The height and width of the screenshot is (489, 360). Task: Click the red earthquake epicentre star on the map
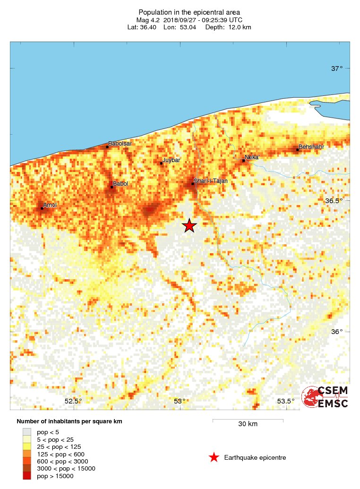pyautogui.click(x=189, y=226)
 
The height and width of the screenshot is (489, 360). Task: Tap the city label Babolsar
pyautogui.click(x=120, y=143)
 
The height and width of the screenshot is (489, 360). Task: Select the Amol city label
pyautogui.click(x=50, y=205)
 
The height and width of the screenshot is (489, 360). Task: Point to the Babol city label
pyautogui.click(x=120, y=184)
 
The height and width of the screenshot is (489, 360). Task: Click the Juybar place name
pyautogui.click(x=171, y=161)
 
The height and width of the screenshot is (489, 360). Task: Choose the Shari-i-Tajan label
pyautogui.click(x=211, y=181)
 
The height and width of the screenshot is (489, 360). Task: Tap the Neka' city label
pyautogui.click(x=252, y=157)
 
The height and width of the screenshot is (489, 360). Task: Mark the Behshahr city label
pyautogui.click(x=312, y=147)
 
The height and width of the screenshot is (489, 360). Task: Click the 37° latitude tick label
pyautogui.click(x=337, y=69)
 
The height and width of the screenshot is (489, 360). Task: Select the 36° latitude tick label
pyautogui.click(x=337, y=332)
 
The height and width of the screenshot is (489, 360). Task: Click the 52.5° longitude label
pyautogui.click(x=73, y=401)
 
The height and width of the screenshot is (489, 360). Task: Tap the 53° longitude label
pyautogui.click(x=180, y=401)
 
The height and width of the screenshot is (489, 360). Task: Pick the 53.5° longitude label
pyautogui.click(x=285, y=401)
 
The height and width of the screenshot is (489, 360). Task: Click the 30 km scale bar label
pyautogui.click(x=248, y=424)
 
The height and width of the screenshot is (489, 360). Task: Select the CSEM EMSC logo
pyautogui.click(x=325, y=397)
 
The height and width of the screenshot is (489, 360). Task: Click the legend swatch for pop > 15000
pyautogui.click(x=27, y=476)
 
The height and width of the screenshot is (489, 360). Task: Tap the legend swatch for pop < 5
pyautogui.click(x=27, y=431)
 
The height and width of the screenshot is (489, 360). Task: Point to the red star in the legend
pyautogui.click(x=214, y=457)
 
